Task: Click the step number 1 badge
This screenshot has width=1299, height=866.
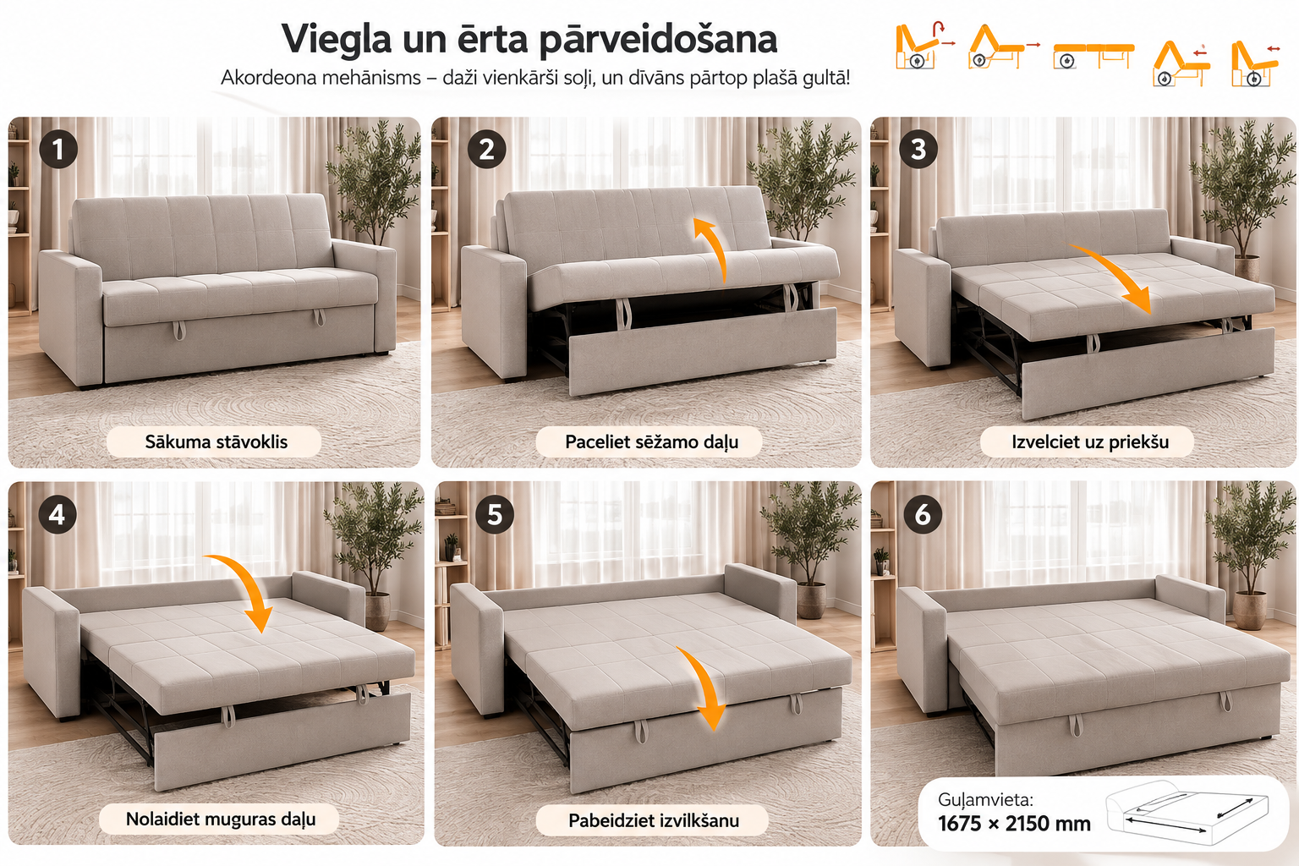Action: point(58,149)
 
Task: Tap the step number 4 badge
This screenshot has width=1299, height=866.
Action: point(58,514)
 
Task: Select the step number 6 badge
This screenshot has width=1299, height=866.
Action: point(923,514)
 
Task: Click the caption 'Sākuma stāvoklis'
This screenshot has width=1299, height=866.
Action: point(216,442)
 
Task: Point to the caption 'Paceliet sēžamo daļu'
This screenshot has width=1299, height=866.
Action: point(651,442)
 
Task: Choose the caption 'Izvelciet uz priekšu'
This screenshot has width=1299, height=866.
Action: point(1089,442)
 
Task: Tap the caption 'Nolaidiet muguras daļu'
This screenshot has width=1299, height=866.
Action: point(221,819)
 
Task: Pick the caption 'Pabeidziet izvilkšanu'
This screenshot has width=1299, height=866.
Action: point(654,821)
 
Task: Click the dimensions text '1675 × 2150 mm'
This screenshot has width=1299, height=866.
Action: point(1014,824)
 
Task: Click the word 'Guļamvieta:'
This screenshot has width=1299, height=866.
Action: point(985,800)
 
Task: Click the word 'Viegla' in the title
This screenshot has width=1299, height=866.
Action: point(337,40)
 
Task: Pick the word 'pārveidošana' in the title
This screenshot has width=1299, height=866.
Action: point(658,41)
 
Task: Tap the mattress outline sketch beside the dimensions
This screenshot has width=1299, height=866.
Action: point(1187,812)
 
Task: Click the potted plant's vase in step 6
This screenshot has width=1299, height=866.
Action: point(1249,610)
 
